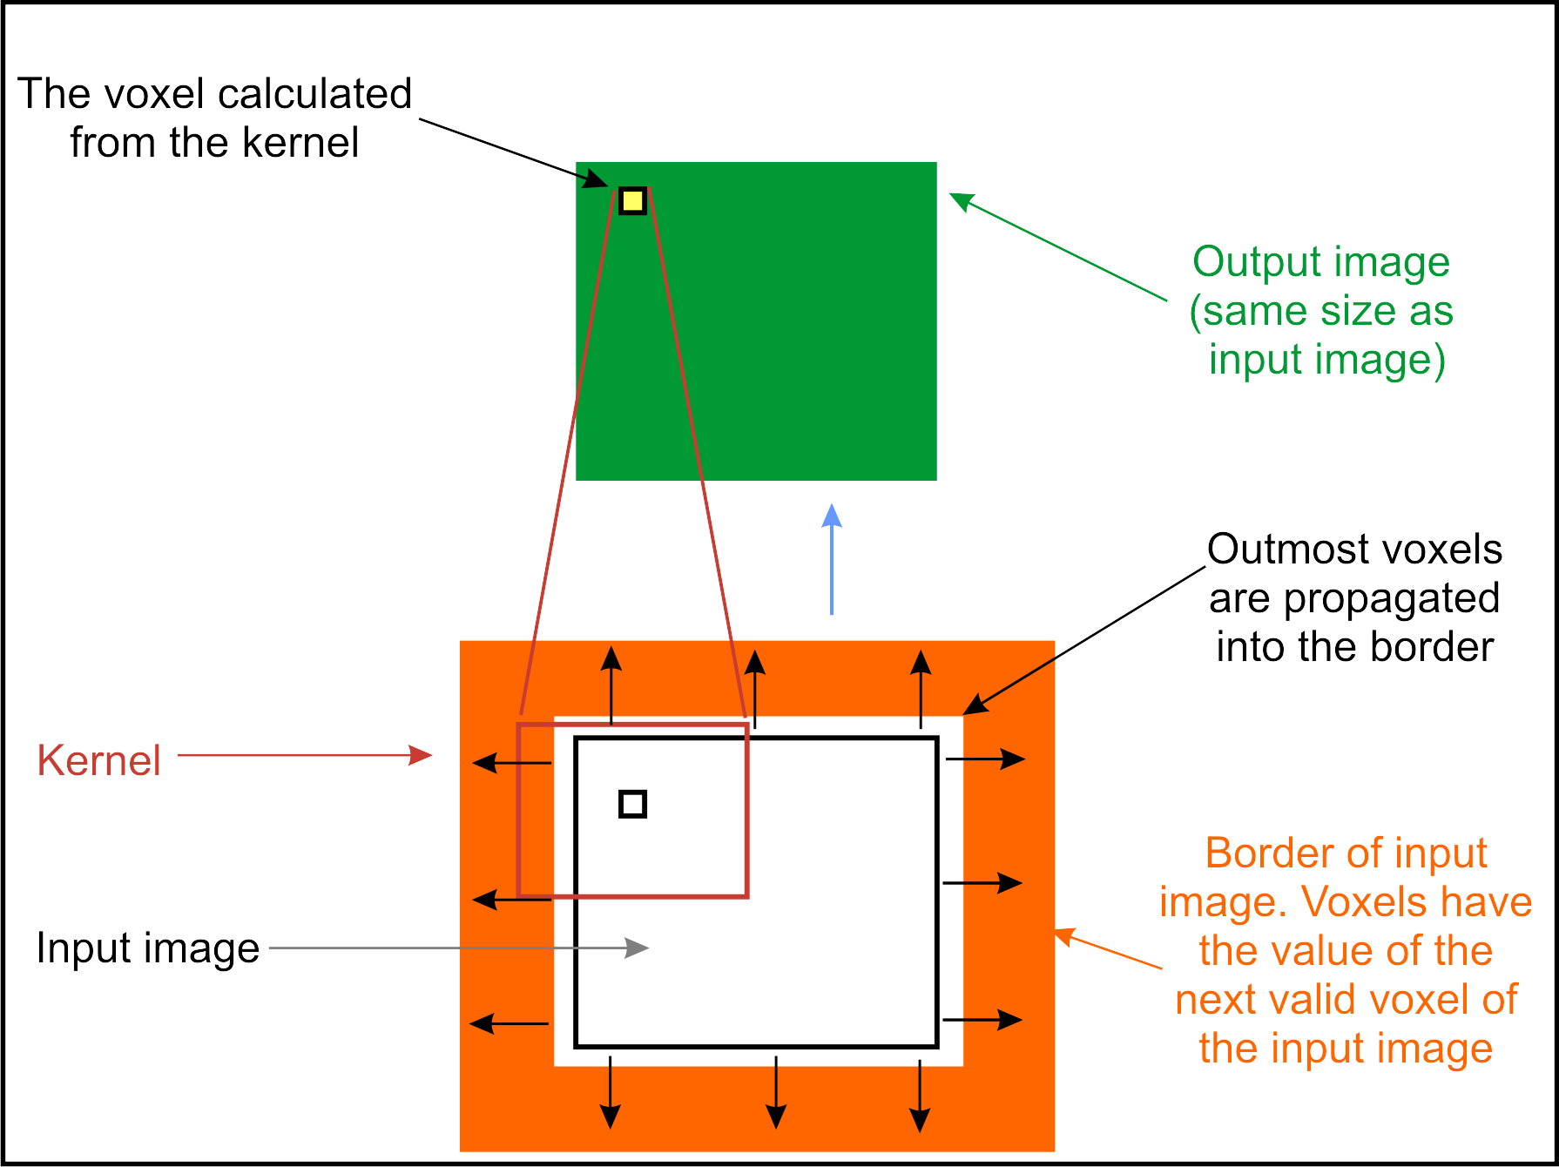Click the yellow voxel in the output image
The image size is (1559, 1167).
(632, 201)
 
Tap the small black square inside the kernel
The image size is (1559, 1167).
(632, 804)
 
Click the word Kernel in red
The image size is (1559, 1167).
(99, 760)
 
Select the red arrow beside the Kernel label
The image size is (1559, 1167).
(305, 755)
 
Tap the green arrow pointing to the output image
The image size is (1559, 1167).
(1057, 247)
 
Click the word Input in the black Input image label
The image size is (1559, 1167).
(74, 948)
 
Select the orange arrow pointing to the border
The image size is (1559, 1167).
(1108, 949)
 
